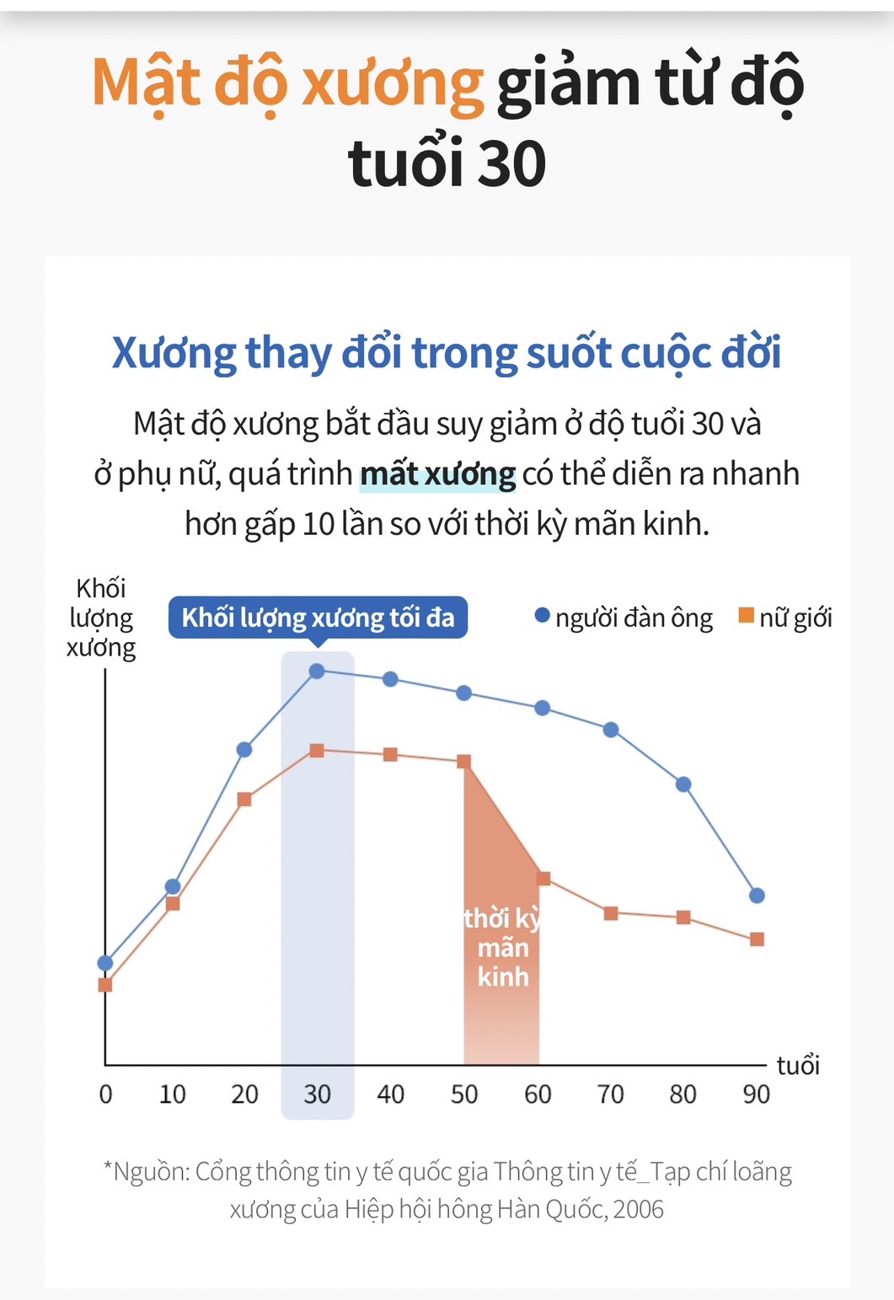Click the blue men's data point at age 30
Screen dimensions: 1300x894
click(317, 671)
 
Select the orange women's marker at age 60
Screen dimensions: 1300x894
click(543, 879)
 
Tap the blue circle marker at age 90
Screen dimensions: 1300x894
click(757, 896)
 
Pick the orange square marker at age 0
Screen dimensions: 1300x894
click(105, 985)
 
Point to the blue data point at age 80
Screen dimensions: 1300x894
click(683, 784)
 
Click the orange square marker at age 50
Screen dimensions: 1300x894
click(463, 762)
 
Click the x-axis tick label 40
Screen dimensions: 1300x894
click(390, 1094)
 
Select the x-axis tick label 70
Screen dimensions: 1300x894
click(610, 1094)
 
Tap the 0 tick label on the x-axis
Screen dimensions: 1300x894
click(105, 1094)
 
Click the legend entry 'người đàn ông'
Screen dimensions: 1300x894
click(624, 618)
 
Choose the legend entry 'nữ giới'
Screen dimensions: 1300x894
click(785, 618)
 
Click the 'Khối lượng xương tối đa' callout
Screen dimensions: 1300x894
click(318, 618)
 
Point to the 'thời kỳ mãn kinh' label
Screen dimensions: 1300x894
click(503, 948)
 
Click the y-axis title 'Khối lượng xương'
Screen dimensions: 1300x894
click(101, 618)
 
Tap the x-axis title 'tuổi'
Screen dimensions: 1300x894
click(798, 1066)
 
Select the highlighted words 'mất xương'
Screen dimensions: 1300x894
click(437, 474)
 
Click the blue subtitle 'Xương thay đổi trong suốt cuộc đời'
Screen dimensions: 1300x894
click(447, 352)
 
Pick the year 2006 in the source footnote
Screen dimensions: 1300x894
click(639, 1209)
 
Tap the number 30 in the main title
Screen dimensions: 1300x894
click(511, 164)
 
